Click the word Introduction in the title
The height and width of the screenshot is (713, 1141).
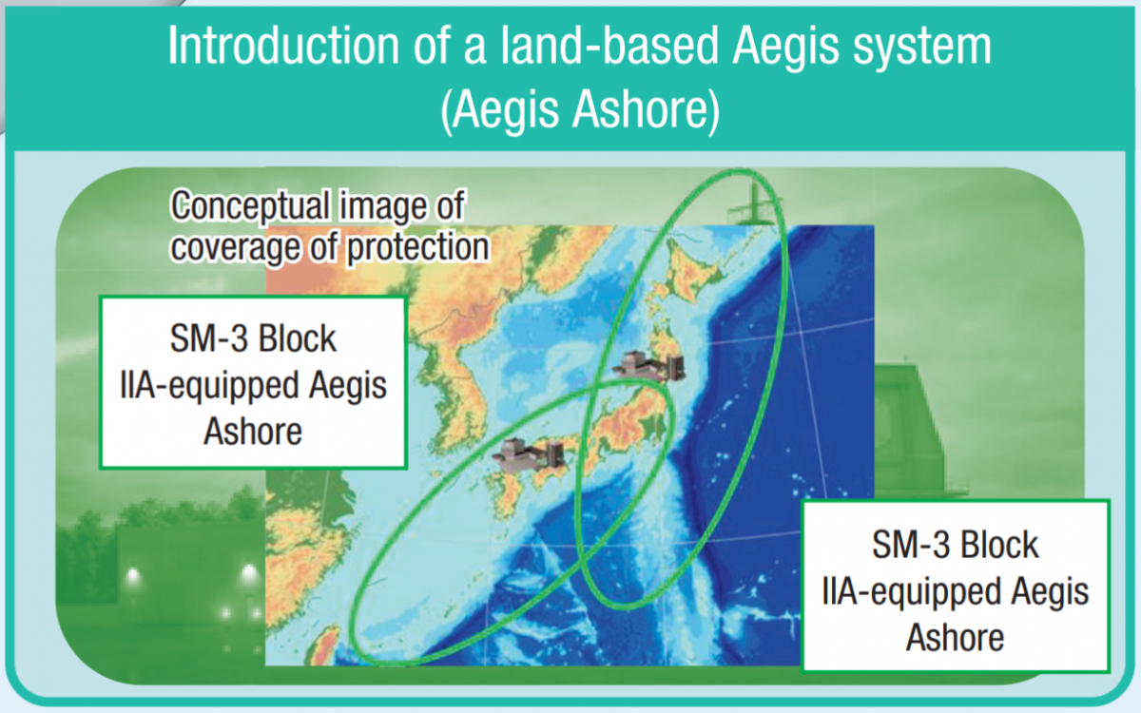(283, 46)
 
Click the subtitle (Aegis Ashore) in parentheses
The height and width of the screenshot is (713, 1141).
(580, 110)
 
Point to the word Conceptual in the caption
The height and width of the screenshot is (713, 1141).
(249, 206)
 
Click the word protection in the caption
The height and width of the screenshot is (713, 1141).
(417, 247)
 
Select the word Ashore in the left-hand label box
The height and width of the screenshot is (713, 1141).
(253, 432)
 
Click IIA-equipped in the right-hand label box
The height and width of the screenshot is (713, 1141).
(911, 593)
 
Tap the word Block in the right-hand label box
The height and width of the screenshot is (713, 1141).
(1000, 545)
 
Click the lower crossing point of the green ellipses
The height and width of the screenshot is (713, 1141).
(584, 562)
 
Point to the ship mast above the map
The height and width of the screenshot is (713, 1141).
(752, 202)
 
